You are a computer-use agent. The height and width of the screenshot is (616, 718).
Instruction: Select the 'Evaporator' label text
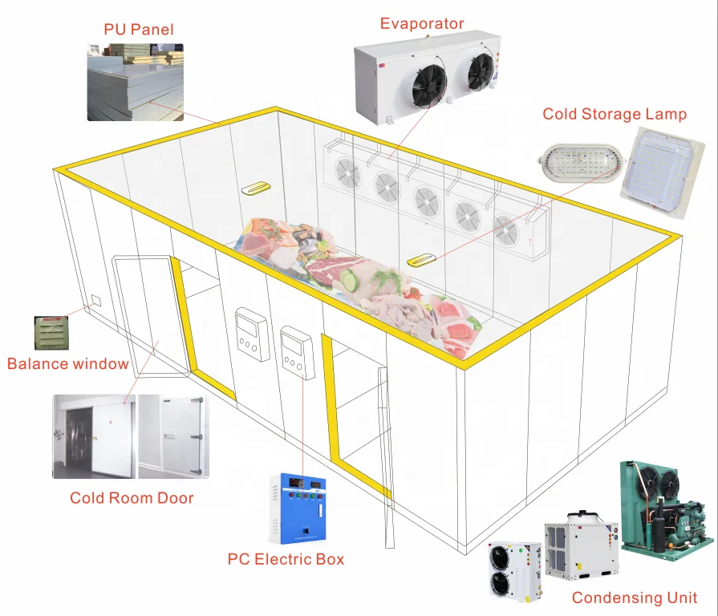pyautogui.click(x=421, y=23)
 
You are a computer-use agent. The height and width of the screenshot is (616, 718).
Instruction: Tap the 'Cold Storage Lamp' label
pyautogui.click(x=614, y=114)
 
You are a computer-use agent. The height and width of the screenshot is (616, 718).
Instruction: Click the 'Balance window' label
pyautogui.click(x=67, y=364)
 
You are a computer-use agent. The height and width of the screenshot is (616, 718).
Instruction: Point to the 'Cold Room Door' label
pyautogui.click(x=132, y=498)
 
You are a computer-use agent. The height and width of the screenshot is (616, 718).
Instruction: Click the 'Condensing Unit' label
pyautogui.click(x=634, y=598)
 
